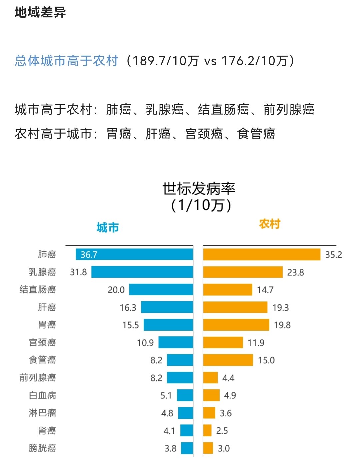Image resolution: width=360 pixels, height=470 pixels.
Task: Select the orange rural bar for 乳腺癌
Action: point(243,272)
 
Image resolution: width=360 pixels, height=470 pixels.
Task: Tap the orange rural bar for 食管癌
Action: point(228,360)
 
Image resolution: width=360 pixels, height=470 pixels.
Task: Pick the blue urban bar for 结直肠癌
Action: point(161,289)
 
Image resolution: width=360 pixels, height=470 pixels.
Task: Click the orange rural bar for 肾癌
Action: point(207,430)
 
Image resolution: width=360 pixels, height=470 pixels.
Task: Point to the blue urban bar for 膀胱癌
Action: point(187,448)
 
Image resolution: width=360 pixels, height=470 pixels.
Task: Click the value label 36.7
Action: point(89,255)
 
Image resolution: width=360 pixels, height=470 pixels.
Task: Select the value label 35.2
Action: point(333,255)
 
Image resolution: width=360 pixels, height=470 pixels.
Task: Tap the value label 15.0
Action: point(266,360)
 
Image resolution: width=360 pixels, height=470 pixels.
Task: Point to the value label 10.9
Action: point(145,343)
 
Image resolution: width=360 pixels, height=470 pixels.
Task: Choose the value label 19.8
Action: point(282,325)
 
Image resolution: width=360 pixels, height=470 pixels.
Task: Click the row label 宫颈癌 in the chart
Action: point(42,342)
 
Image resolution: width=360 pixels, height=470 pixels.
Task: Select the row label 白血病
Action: point(42,395)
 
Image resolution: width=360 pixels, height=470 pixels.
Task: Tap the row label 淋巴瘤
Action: point(42,413)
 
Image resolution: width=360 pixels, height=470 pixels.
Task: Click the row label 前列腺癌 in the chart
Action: point(38,378)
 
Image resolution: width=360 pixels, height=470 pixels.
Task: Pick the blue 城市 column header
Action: point(108,228)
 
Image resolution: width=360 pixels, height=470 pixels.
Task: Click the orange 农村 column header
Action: point(270,224)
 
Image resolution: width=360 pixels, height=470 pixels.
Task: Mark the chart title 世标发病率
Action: point(199,189)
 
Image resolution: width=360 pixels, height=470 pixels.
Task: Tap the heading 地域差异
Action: point(40,13)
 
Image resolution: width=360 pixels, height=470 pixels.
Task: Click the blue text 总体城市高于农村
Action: point(67,61)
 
